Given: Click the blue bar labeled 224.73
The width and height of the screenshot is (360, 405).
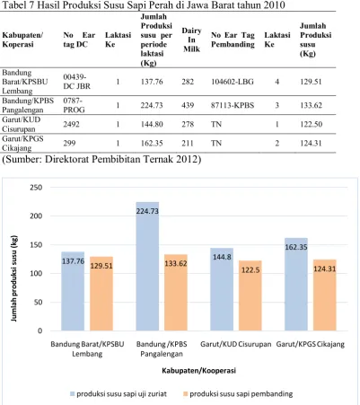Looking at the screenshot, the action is point(147,266).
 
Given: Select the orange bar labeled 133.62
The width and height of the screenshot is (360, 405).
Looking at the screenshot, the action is point(176,293).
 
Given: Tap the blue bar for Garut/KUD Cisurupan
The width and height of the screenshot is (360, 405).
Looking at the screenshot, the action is point(222,289).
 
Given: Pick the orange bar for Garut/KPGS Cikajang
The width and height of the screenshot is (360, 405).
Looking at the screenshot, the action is point(325,295).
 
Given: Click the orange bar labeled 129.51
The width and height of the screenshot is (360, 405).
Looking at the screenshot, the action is point(101,294).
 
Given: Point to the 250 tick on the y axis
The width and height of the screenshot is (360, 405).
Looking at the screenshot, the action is point(36,188).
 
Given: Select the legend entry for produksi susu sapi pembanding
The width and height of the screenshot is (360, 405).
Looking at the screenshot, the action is point(238,394).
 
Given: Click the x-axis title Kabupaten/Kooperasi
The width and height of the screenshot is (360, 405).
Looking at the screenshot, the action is point(198,371).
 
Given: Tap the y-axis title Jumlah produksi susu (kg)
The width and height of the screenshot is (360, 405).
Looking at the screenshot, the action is point(13,278).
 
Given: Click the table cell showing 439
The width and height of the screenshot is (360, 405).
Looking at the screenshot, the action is point(188,105).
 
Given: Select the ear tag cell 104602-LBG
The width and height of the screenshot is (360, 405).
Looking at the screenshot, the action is point(233,82).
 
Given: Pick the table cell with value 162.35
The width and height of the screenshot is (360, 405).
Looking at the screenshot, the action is point(152,143).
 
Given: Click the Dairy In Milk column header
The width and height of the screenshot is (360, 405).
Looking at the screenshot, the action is point(191,40).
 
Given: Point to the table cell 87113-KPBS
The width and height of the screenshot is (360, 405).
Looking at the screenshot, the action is point(233,105).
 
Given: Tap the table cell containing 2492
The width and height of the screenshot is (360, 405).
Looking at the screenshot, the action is point(71,124).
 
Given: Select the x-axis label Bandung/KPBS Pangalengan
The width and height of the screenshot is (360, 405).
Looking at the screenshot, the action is point(162,349).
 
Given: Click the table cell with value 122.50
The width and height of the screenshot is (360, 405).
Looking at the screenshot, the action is point(312,124).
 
